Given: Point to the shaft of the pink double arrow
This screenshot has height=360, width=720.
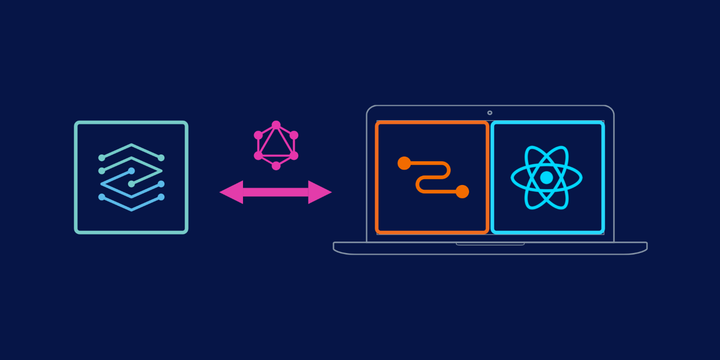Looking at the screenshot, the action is tap(275, 191).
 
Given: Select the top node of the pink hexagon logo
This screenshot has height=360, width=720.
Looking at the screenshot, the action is tap(276, 125).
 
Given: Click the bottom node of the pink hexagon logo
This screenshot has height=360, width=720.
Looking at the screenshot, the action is tap(276, 165).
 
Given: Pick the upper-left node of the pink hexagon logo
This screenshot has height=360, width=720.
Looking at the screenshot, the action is tap(258, 135).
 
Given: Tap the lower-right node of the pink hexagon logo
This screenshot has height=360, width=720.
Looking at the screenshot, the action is tap(294, 155).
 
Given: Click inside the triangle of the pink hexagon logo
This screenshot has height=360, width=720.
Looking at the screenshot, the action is tap(276, 144).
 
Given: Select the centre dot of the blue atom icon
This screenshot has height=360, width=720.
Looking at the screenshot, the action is tap(547, 178).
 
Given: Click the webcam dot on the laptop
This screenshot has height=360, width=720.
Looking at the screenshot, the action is tap(489, 112).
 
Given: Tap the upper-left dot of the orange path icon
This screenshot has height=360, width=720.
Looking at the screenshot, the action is tap(404, 163).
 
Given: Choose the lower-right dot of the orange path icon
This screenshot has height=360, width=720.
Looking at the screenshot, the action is tap(462, 191).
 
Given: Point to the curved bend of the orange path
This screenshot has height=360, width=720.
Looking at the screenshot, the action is tap(421, 184).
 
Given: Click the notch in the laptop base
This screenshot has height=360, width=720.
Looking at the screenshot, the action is tap(489, 244).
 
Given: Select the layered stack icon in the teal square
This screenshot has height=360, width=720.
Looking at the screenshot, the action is tap(131, 177).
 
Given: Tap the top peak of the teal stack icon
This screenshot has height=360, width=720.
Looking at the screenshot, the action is tap(131, 147).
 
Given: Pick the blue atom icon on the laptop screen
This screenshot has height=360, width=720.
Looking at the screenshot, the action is tap(547, 178).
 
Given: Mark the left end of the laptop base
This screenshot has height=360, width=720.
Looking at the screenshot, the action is tap(336, 247).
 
